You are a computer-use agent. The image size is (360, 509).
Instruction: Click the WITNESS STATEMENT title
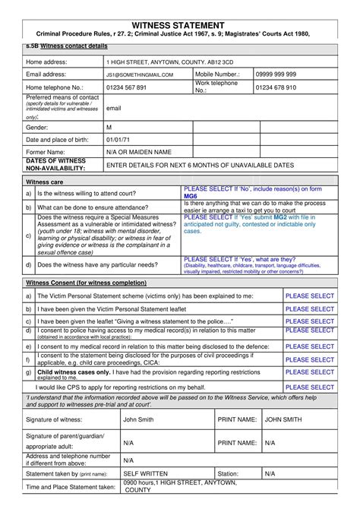179,26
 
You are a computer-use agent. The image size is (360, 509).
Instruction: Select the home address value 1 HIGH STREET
159,62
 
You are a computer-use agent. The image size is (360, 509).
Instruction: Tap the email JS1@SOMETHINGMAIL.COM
140,74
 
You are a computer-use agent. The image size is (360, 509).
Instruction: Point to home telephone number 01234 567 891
126,87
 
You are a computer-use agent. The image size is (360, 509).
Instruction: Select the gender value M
109,127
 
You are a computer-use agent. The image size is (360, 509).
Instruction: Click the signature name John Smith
138,419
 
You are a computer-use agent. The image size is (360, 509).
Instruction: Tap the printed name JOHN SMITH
283,419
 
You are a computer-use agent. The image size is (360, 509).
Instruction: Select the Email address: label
49,74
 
